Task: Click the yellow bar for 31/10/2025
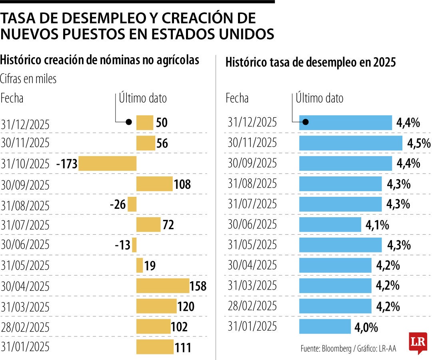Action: point(107,164)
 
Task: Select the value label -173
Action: point(67,164)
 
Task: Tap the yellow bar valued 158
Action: point(162,286)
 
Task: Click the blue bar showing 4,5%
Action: point(350,143)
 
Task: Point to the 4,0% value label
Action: point(366,328)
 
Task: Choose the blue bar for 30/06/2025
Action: point(330,225)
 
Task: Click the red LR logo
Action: point(418,342)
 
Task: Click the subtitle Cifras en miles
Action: point(28,79)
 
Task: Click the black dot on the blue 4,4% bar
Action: point(305,122)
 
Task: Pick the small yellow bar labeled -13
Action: point(134,245)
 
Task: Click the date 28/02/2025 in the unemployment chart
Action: point(252,307)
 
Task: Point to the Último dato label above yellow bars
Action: point(143,98)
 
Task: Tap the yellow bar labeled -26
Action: point(132,204)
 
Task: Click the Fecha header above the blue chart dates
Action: point(237,98)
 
